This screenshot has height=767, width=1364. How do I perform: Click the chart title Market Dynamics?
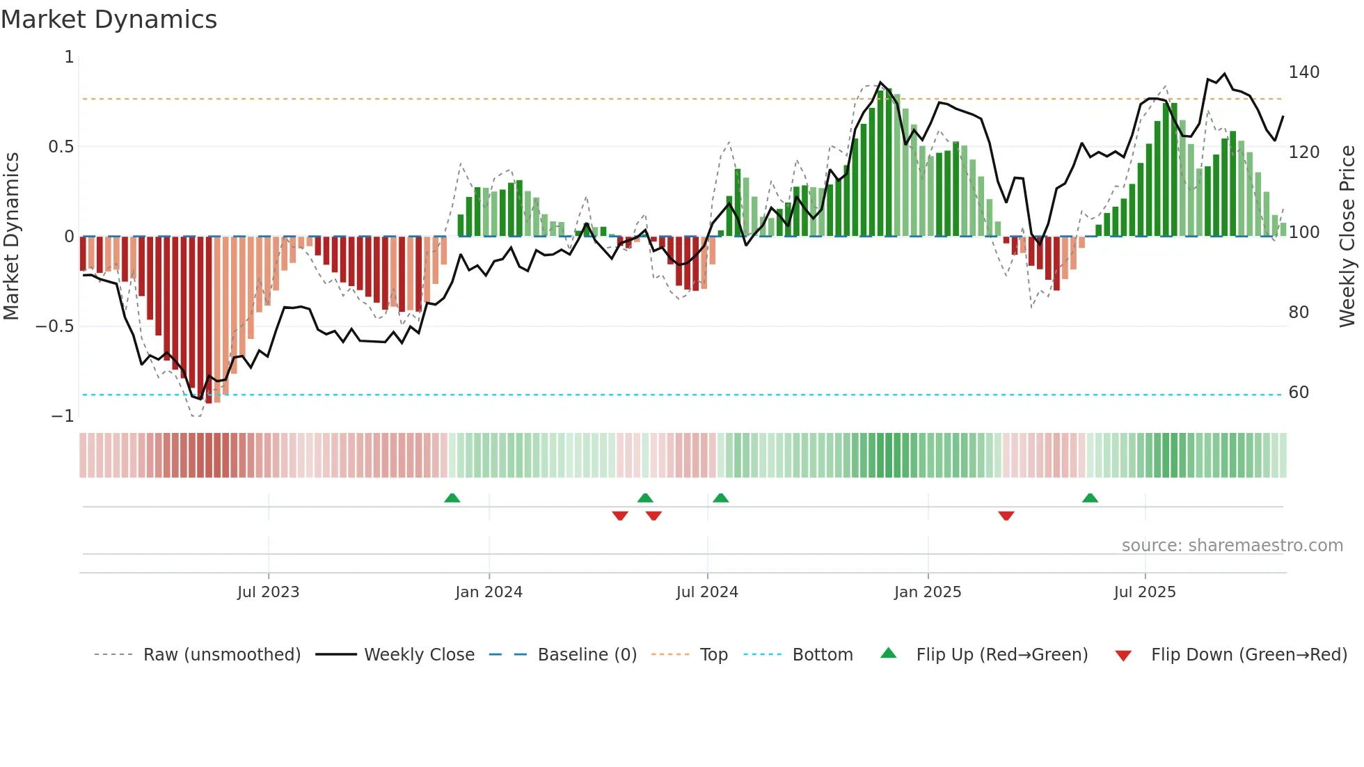tap(109, 19)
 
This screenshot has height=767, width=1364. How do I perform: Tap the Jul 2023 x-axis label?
tap(268, 592)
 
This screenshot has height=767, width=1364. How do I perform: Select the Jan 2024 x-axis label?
tap(489, 592)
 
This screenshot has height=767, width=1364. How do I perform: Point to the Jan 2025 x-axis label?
tap(928, 592)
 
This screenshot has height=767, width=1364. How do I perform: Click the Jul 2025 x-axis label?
tap(1145, 592)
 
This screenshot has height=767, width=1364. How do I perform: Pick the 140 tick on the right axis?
tap(1303, 72)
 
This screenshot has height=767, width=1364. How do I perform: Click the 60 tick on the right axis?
tap(1299, 393)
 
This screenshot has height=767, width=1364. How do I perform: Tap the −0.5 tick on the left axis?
tap(55, 326)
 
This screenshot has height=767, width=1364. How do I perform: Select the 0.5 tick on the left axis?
tap(61, 147)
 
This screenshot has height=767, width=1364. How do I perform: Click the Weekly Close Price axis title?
tap(1347, 237)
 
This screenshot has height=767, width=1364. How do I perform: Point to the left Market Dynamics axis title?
tap(11, 237)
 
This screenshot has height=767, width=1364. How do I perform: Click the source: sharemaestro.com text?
tap(1232, 546)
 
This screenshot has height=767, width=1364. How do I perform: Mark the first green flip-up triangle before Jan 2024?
tap(452, 498)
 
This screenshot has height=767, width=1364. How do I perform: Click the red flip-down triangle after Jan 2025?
tap(1006, 516)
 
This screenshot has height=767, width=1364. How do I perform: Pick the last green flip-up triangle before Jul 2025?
tap(1090, 498)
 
